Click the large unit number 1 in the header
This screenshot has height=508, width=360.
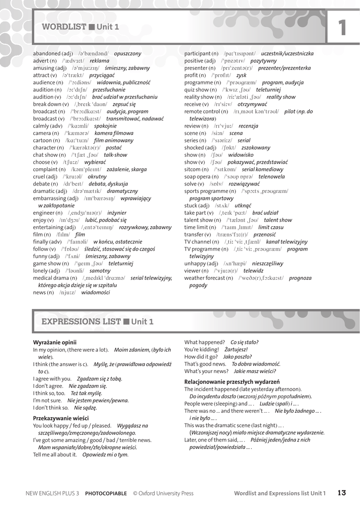[x=342, y=28]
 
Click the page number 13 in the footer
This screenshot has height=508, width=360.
[x=341, y=493]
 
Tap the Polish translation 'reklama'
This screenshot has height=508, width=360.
[x=99, y=61]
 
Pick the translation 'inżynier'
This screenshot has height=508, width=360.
[x=117, y=213]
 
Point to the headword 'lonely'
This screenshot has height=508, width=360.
[x=42, y=271]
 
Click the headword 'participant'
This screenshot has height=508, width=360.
[x=197, y=54]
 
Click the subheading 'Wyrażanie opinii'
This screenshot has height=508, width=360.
[x=55, y=342]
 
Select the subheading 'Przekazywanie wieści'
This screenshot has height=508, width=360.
[x=61, y=418]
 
